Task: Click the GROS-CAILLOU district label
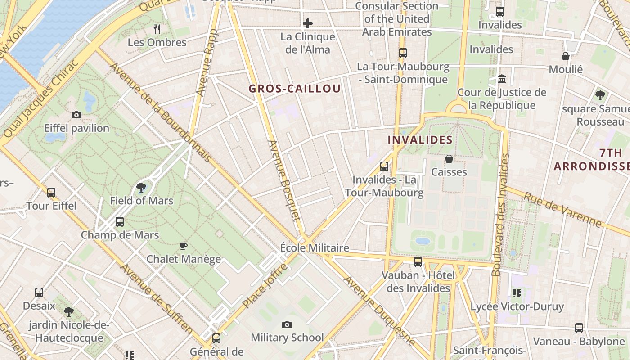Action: point(295,89)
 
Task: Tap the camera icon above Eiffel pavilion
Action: point(76,115)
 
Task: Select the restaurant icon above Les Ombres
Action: point(157,29)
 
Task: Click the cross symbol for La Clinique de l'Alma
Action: point(308,23)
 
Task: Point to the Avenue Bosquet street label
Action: point(284,180)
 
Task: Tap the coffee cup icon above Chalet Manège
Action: point(183,246)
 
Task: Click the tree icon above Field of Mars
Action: point(141,188)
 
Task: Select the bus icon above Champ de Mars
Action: point(119,222)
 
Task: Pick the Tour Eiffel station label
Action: point(51,206)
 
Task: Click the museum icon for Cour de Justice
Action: point(502,80)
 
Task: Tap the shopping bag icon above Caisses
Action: point(449,159)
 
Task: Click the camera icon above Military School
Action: point(287,324)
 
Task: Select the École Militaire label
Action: point(315,248)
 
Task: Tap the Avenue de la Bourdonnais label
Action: point(160,112)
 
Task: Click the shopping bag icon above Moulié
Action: point(566,56)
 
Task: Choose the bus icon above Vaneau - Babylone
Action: point(579,328)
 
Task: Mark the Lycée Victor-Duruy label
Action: point(517,307)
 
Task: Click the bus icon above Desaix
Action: point(39,292)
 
